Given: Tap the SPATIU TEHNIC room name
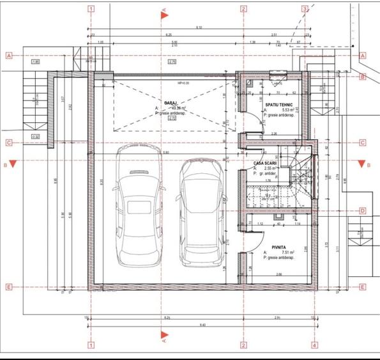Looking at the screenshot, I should click(x=280, y=104).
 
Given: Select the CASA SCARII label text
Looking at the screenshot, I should click(x=264, y=162).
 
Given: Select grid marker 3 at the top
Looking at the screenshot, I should click(x=305, y=10).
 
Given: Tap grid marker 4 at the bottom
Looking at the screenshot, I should click(x=314, y=345).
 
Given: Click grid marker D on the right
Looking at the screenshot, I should click(x=362, y=210).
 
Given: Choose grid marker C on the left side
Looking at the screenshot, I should click(x=9, y=143).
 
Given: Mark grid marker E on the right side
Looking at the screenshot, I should click(x=362, y=287).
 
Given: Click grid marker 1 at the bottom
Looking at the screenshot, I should click(x=91, y=345).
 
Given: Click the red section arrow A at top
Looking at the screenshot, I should click(x=165, y=14).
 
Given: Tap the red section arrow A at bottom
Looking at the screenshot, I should click(x=164, y=335).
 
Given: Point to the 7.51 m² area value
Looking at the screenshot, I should click(x=278, y=253).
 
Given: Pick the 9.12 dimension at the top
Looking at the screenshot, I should click(x=199, y=27).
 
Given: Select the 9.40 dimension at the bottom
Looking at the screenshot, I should click(x=203, y=325).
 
